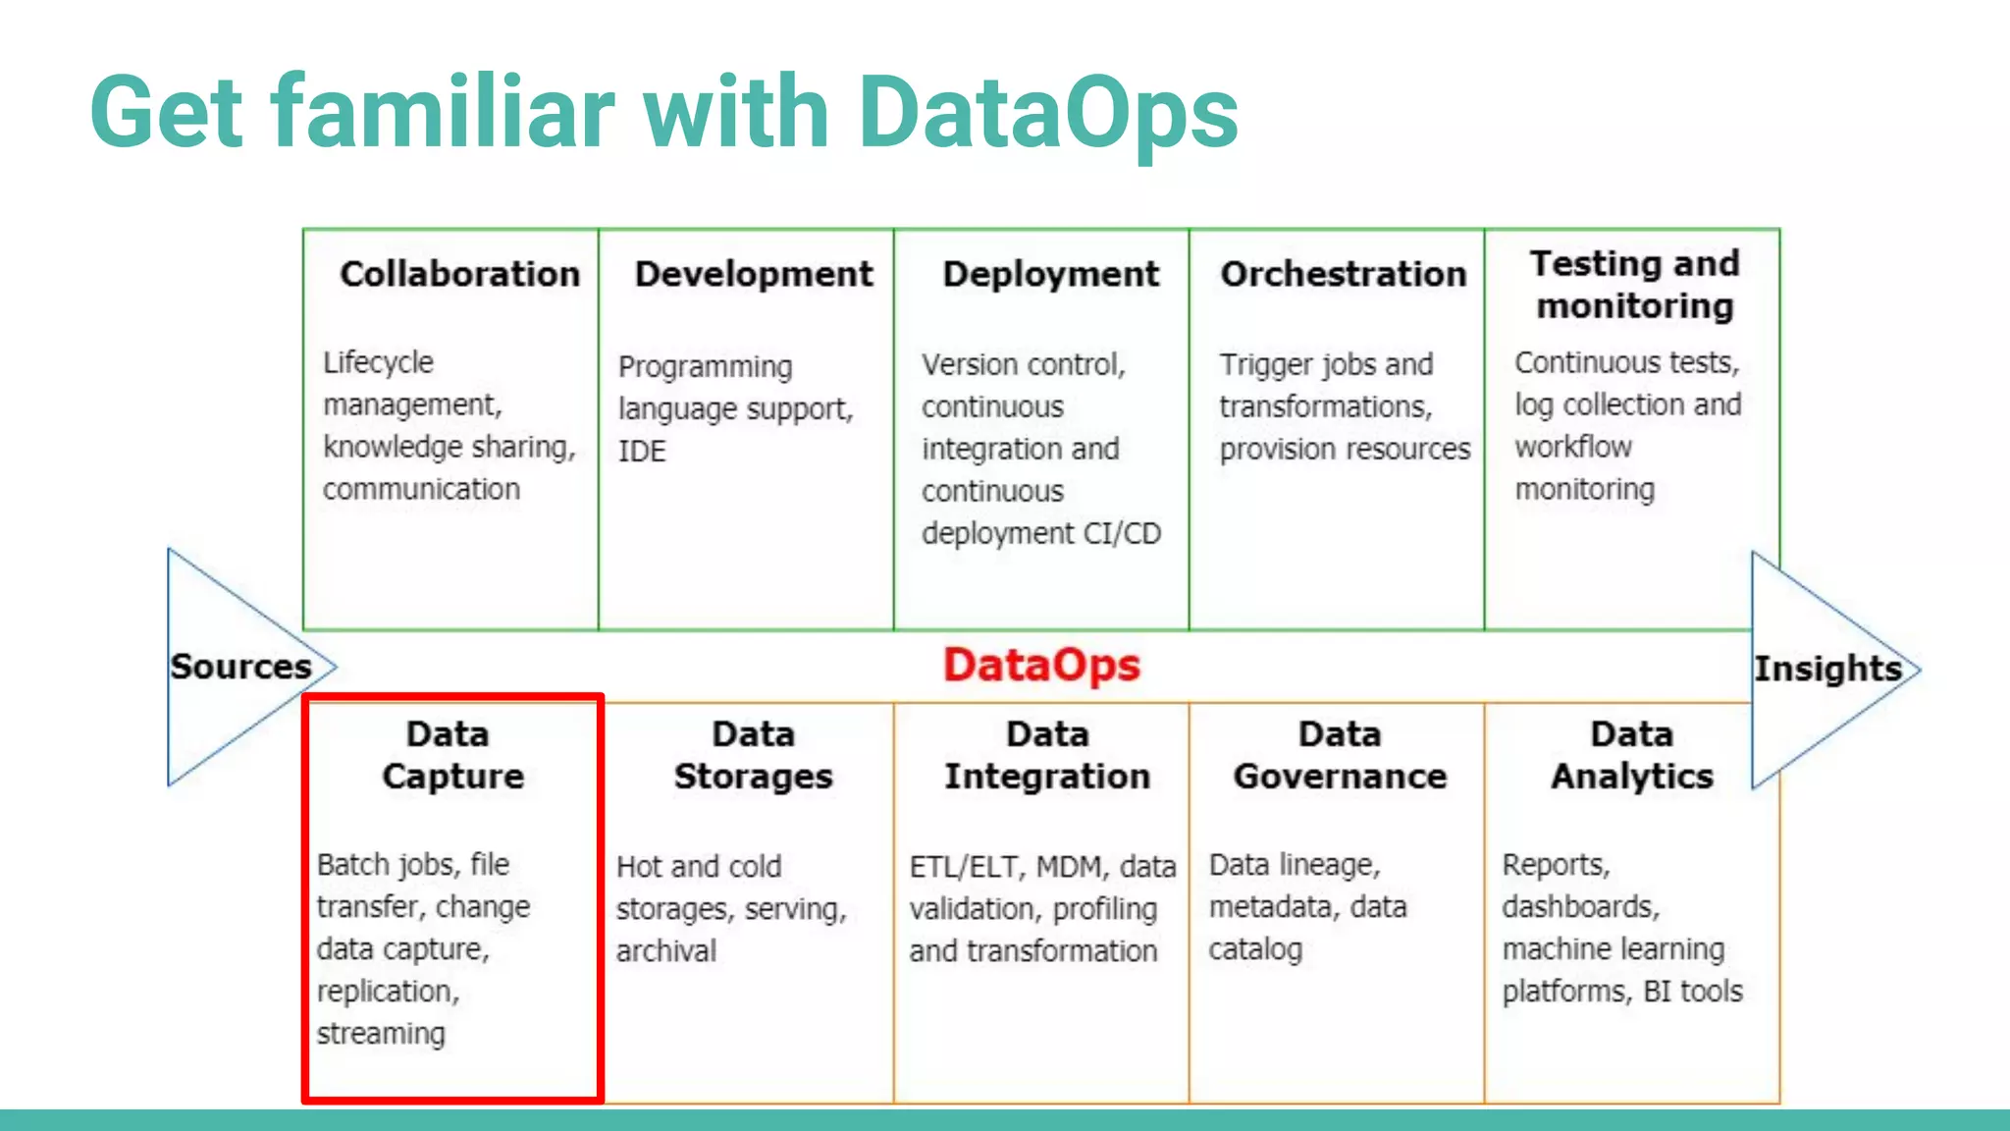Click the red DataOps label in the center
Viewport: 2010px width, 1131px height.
click(x=1041, y=666)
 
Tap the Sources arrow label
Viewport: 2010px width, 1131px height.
click(x=241, y=667)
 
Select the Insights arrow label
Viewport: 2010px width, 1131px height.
click(x=1827, y=669)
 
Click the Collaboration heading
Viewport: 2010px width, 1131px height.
click(x=459, y=274)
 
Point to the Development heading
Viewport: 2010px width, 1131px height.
click(x=754, y=274)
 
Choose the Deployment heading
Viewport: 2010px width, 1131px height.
click(x=1050, y=274)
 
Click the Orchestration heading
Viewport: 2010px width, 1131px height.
click(x=1343, y=274)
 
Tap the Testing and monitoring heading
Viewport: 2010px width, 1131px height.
click(x=1635, y=285)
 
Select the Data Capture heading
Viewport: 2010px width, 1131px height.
click(x=452, y=755)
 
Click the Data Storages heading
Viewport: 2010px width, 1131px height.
click(x=753, y=755)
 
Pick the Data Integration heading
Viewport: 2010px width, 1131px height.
click(x=1047, y=755)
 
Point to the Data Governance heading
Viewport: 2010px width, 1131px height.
click(x=1340, y=755)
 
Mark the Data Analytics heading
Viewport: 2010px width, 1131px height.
click(x=1632, y=755)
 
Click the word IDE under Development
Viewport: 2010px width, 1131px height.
click(x=642, y=452)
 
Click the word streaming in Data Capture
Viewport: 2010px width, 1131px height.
click(x=381, y=1034)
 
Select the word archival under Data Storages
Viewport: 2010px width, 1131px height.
click(x=666, y=950)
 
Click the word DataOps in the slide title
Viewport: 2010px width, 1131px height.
click(x=1047, y=113)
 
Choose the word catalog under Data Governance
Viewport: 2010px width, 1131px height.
click(x=1255, y=949)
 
